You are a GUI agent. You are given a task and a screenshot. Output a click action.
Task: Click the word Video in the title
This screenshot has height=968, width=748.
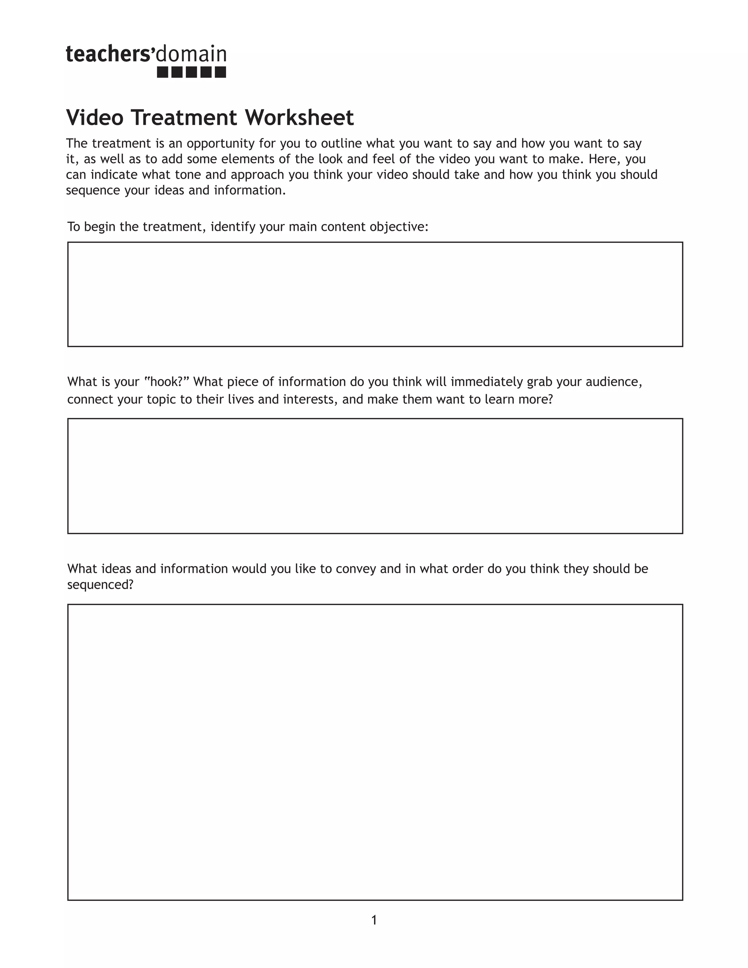click(95, 118)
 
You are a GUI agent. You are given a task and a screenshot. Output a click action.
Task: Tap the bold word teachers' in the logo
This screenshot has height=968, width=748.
click(110, 54)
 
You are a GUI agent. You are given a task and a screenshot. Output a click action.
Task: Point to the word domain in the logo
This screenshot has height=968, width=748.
click(191, 54)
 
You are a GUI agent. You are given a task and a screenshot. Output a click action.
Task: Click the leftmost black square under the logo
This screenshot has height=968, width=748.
click(163, 72)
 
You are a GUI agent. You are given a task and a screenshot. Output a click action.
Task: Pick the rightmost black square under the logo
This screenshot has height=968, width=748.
click(220, 72)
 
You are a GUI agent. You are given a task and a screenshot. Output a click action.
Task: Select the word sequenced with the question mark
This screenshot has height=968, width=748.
click(100, 585)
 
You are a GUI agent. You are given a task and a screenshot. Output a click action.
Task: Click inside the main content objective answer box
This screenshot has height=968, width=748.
click(375, 294)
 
